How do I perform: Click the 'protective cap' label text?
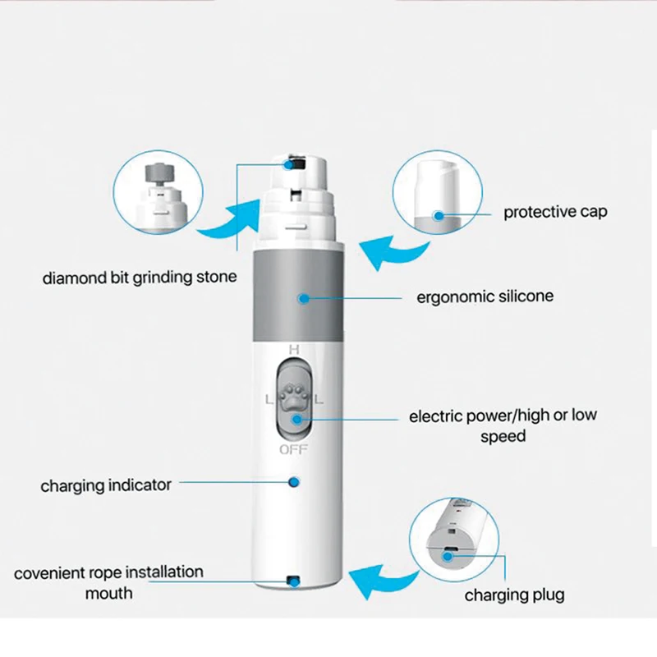(x=555, y=212)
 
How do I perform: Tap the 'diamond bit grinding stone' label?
(x=139, y=278)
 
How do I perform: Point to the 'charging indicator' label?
(x=106, y=485)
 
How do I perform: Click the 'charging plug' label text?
(x=515, y=594)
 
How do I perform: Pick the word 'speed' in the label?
(x=503, y=436)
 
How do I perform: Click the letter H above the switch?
(x=294, y=349)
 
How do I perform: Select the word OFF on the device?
(x=293, y=449)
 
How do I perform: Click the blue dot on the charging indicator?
(x=294, y=482)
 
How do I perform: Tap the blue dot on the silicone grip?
(x=304, y=298)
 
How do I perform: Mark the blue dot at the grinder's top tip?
(x=290, y=164)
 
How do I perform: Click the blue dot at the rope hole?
(x=292, y=581)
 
